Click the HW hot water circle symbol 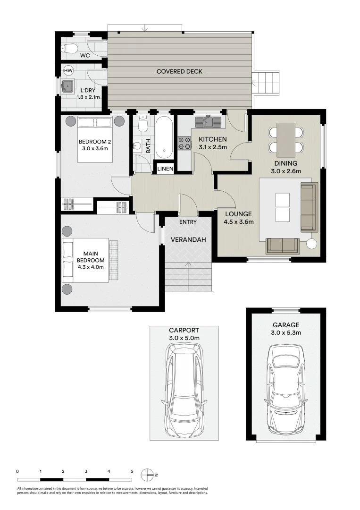tap(68, 70)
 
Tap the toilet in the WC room tap(69, 48)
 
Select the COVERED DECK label tap(179, 72)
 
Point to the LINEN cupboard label tap(165, 169)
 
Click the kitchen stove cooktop tap(184, 143)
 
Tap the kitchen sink tap(208, 122)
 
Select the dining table tap(286, 139)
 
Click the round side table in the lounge tap(312, 244)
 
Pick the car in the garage tap(285, 388)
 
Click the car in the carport tap(185, 390)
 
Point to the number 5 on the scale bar tap(132, 471)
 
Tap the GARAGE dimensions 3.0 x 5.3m tap(285, 333)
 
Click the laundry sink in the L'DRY tap(68, 85)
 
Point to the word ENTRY tap(188, 222)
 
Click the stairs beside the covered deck tap(267, 84)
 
